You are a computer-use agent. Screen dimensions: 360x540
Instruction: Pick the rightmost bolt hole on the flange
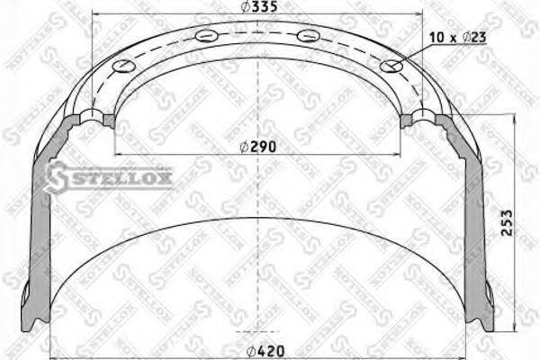coord(389,67)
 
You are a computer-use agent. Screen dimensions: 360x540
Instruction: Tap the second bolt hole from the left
coord(204,37)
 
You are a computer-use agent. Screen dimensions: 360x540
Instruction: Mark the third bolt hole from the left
coord(308,37)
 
